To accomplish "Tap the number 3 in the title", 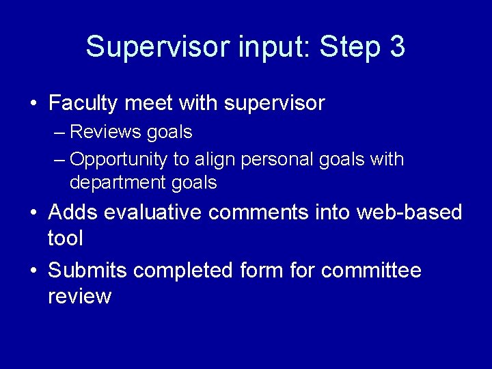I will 396,47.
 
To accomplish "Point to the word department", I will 116,183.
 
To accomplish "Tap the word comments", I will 258,213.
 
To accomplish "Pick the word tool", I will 65,238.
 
